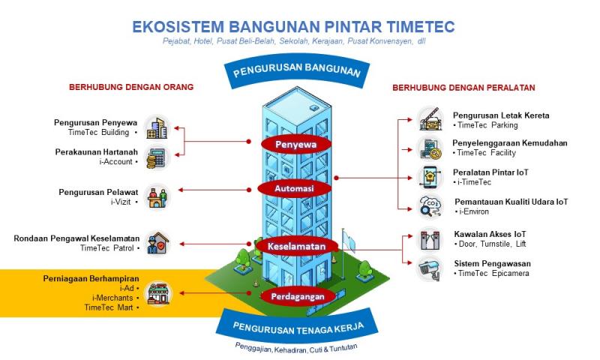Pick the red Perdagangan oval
coord(297,296)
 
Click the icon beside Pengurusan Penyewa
coord(157,127)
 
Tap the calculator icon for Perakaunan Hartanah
coord(157,157)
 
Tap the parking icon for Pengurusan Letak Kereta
coord(430,119)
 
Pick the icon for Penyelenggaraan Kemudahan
coord(430,148)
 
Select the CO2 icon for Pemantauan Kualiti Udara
coord(430,206)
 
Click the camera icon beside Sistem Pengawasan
coord(430,268)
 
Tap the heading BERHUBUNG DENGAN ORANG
coord(131,87)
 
